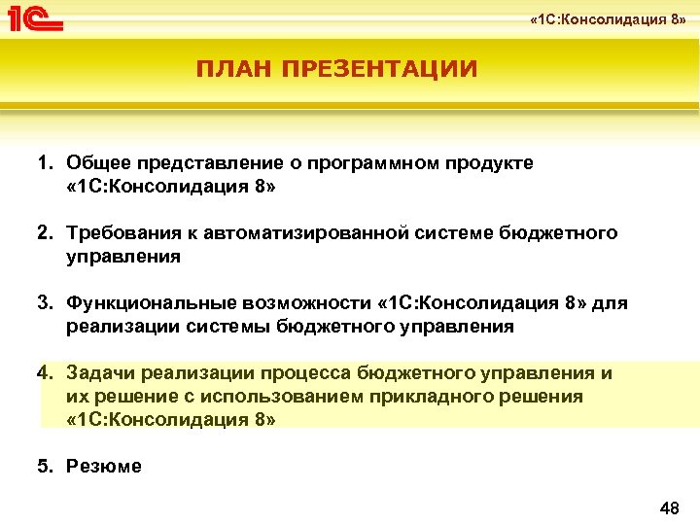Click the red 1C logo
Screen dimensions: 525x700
(x=36, y=17)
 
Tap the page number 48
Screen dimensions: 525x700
(x=669, y=508)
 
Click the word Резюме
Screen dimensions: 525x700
(x=104, y=466)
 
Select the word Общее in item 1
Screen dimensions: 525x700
(x=97, y=162)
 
